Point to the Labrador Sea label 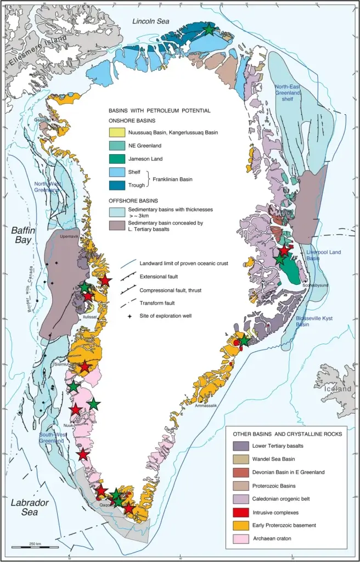pyautogui.click(x=31, y=507)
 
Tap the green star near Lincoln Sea pyautogui.click(x=209, y=30)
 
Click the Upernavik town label pyautogui.click(x=69, y=237)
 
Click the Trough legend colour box pyautogui.click(x=116, y=184)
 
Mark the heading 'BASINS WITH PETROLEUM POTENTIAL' pyautogui.click(x=159, y=110)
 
